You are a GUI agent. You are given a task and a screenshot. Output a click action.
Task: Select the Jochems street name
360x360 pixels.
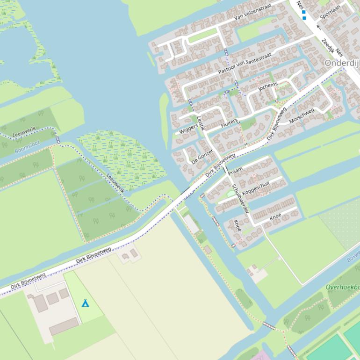point(268,86)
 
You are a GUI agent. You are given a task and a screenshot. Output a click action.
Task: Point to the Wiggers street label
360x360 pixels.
point(188,129)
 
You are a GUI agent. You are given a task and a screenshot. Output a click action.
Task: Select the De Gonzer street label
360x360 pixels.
point(202,157)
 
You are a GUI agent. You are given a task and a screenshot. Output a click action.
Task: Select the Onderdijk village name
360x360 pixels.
point(342,63)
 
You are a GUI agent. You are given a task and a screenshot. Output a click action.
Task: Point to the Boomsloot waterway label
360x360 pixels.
point(28,147)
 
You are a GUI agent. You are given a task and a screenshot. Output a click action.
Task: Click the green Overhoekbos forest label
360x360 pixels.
point(343,287)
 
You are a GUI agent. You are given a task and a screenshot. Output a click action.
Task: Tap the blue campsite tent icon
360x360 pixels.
point(85,303)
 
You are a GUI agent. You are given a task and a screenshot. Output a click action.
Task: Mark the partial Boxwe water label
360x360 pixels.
point(353,258)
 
